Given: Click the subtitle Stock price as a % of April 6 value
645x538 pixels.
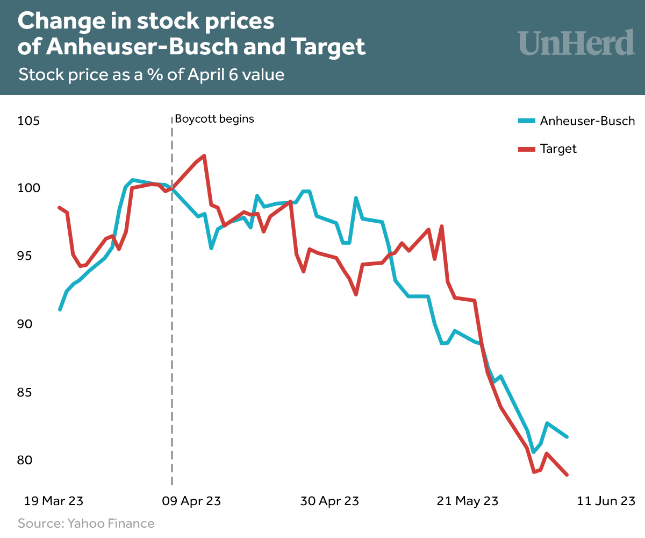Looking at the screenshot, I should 151,74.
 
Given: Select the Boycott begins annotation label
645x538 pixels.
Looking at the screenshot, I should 214,119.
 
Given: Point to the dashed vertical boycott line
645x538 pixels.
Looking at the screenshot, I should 172,323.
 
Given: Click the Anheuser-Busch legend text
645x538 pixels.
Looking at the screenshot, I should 587,121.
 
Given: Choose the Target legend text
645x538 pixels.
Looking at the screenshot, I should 558,149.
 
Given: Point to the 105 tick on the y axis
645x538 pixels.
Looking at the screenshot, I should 29,121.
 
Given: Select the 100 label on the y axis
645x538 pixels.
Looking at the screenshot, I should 29,188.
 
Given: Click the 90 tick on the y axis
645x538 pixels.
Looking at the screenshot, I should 30,324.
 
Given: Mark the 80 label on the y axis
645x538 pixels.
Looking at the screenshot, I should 30,461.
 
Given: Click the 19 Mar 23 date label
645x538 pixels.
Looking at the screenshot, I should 53,501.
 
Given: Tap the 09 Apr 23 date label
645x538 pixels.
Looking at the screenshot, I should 191,501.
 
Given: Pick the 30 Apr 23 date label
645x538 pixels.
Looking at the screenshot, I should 329,501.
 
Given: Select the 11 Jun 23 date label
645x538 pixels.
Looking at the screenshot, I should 606,501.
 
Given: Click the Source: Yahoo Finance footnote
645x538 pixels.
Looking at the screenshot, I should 86,523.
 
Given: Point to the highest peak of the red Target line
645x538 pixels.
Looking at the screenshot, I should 204,156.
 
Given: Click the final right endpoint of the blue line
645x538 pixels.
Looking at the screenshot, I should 568,436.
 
